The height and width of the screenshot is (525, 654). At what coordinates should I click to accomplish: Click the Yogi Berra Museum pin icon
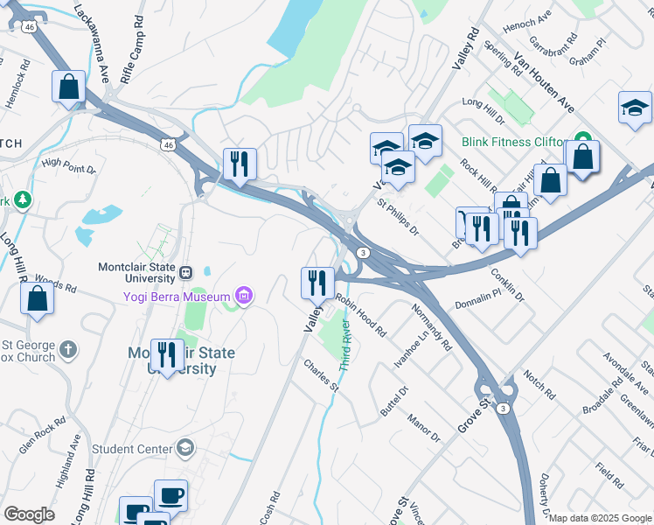(x=243, y=297)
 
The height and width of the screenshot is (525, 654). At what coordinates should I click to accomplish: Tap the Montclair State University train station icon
(x=185, y=271)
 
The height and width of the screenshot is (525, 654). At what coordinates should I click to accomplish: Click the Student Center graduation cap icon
(x=184, y=449)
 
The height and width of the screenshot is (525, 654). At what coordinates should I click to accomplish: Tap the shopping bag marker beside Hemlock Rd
(x=68, y=87)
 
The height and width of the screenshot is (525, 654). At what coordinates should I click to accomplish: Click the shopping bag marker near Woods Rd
(x=38, y=298)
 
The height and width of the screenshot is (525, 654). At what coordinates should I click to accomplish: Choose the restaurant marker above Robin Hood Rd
(x=317, y=282)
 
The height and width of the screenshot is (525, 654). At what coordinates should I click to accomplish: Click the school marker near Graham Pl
(x=635, y=108)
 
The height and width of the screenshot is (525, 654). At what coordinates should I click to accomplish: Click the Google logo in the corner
(x=29, y=514)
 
